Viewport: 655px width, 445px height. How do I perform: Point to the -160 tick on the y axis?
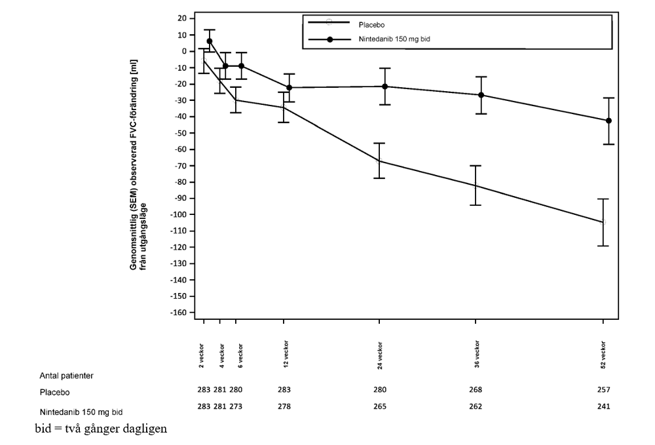pos(178,313)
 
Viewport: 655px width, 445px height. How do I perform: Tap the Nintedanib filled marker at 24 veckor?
pos(385,87)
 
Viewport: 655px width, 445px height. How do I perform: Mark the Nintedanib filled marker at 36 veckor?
pos(481,95)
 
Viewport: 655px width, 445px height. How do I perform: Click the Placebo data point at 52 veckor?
pos(603,222)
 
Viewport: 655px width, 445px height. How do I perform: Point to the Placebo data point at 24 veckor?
pos(379,161)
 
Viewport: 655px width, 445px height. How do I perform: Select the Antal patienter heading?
pos(67,376)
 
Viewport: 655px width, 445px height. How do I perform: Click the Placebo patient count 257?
pos(603,389)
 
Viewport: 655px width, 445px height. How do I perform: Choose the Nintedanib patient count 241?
pos(603,406)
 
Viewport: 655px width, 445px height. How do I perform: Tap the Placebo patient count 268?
pos(476,389)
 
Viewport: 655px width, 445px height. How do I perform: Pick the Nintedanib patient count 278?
pos(284,406)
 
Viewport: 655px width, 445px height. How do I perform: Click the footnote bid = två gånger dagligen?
pos(101,429)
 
